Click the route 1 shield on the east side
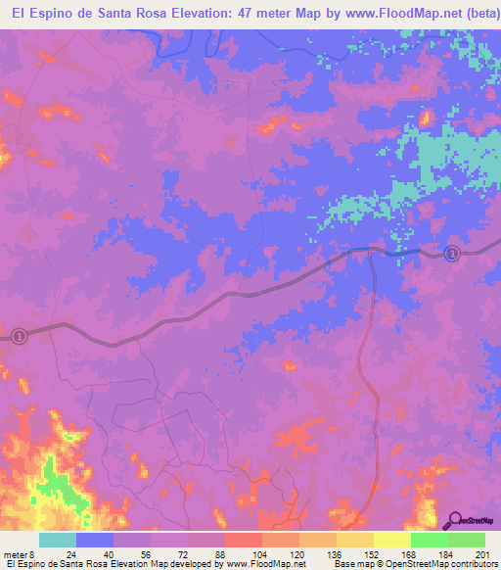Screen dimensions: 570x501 click(x=452, y=254)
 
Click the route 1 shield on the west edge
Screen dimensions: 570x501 click(x=19, y=336)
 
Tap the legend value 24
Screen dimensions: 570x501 click(x=71, y=553)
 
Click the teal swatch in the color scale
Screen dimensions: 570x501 click(x=57, y=540)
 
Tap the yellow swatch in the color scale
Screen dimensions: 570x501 click(x=391, y=540)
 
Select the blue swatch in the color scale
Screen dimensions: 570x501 click(x=95, y=540)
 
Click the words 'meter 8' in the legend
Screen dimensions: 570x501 click(x=18, y=553)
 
